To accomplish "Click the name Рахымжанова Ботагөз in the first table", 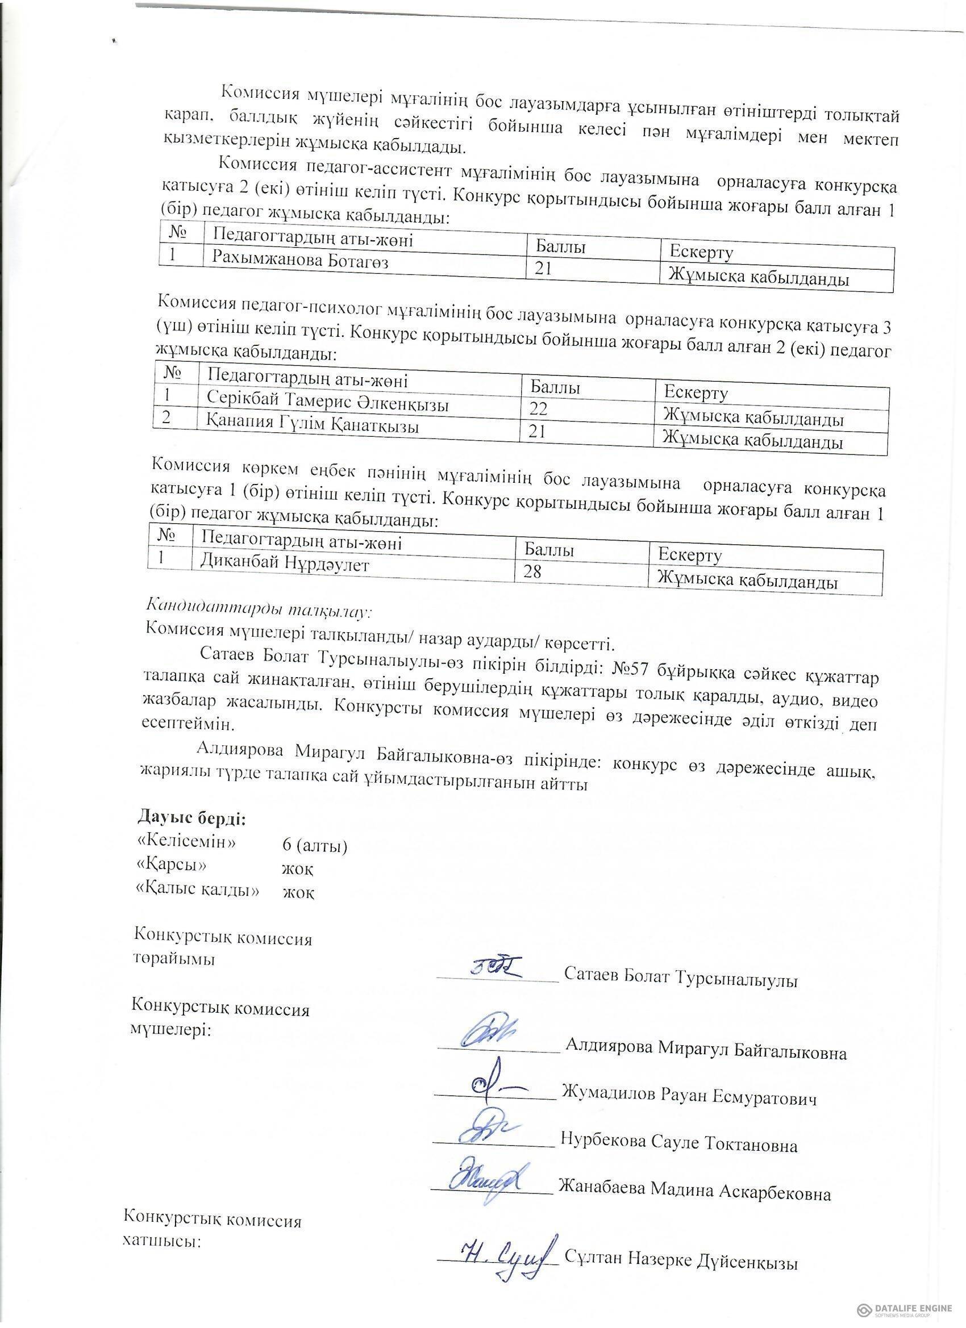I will click(300, 260).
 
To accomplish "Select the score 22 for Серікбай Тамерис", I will click(538, 409).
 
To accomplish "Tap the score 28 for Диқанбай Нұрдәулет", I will click(532, 571).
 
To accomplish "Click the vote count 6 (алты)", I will click(315, 845).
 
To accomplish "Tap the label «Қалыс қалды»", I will click(197, 889).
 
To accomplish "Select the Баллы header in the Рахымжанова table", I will click(561, 247).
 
